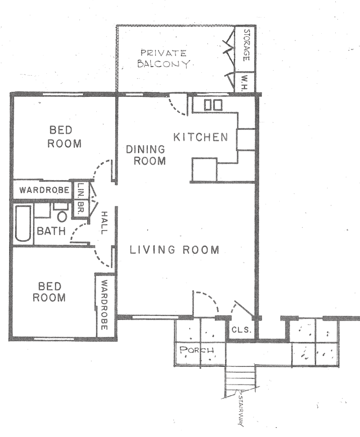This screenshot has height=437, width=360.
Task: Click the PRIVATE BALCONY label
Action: click(x=163, y=59)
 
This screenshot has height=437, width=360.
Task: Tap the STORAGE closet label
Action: click(x=247, y=45)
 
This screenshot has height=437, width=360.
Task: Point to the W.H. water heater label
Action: click(x=245, y=83)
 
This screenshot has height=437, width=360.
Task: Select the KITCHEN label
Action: click(x=201, y=137)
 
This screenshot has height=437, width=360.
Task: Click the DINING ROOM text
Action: click(x=146, y=155)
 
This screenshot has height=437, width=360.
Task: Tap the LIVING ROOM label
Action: click(x=174, y=249)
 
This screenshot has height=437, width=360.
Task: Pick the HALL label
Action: click(x=104, y=223)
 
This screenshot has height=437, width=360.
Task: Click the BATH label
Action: click(x=51, y=231)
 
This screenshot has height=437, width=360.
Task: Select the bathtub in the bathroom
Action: click(x=23, y=223)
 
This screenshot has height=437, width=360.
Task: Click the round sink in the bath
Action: click(x=62, y=216)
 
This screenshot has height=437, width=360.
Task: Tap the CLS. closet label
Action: click(x=242, y=330)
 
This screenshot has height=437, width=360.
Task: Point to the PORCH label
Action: click(x=197, y=350)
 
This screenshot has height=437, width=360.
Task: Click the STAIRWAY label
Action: click(x=241, y=410)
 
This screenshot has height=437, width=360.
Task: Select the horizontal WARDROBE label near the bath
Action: click(x=44, y=190)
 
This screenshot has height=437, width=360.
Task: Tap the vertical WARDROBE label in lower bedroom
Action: click(x=104, y=305)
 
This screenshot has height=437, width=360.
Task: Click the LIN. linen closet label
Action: click(x=81, y=190)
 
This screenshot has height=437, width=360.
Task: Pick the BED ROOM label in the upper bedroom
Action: click(x=65, y=137)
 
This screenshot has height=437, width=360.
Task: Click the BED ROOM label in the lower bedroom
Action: click(x=49, y=292)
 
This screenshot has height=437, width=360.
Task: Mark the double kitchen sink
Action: click(x=213, y=105)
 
